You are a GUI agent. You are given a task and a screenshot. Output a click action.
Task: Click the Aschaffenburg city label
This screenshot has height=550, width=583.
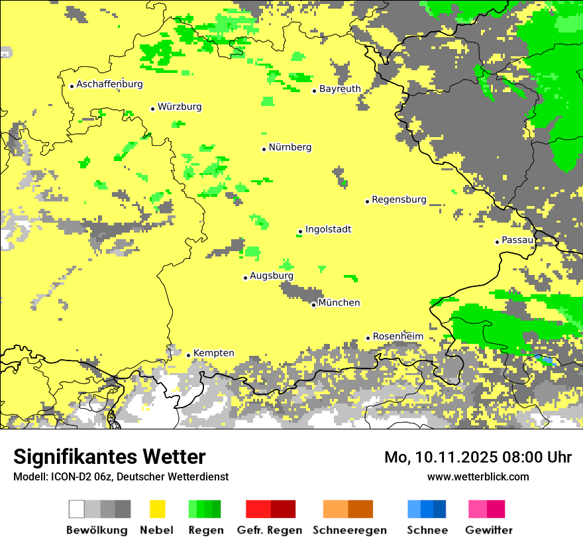(x=109, y=84)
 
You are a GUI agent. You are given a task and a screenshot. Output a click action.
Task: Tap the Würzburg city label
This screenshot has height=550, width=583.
(x=180, y=107)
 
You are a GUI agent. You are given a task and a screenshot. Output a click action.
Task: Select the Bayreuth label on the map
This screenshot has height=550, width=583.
(x=340, y=89)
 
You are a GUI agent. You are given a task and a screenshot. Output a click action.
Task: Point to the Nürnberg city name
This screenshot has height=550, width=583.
(x=290, y=147)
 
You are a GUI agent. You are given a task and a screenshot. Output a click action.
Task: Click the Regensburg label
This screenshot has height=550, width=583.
(x=399, y=199)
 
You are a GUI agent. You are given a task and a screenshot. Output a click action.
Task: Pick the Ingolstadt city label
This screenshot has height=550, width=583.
(x=328, y=229)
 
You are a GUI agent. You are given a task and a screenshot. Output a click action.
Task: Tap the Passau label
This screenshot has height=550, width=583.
(x=517, y=240)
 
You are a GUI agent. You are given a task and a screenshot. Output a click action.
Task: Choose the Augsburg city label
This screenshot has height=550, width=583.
(x=271, y=276)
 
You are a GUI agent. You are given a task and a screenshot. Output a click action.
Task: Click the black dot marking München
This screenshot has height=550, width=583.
(x=313, y=305)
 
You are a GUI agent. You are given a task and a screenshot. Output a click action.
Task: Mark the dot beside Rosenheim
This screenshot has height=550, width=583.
(x=368, y=338)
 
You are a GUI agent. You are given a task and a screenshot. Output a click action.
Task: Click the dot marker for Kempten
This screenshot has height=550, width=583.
(x=188, y=355)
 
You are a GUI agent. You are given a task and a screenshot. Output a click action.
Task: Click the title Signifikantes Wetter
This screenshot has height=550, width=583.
(x=109, y=457)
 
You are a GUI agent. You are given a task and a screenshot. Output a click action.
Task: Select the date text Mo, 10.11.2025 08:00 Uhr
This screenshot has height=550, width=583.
(x=478, y=457)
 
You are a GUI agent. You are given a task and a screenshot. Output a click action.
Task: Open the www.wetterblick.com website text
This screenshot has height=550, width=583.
(x=478, y=476)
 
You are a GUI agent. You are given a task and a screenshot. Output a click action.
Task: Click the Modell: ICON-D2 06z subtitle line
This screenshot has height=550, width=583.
(x=121, y=476)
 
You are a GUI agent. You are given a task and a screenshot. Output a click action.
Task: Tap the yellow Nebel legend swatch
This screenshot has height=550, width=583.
(x=157, y=509)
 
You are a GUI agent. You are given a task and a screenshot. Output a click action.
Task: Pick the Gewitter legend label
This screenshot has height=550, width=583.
(x=488, y=530)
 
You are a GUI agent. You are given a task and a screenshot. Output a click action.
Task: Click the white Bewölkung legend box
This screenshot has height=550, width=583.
(x=77, y=509)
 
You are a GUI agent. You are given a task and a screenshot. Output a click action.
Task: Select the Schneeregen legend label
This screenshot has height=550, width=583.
(x=349, y=530)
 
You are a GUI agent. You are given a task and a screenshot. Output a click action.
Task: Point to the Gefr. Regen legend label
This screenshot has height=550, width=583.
(x=270, y=530)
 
